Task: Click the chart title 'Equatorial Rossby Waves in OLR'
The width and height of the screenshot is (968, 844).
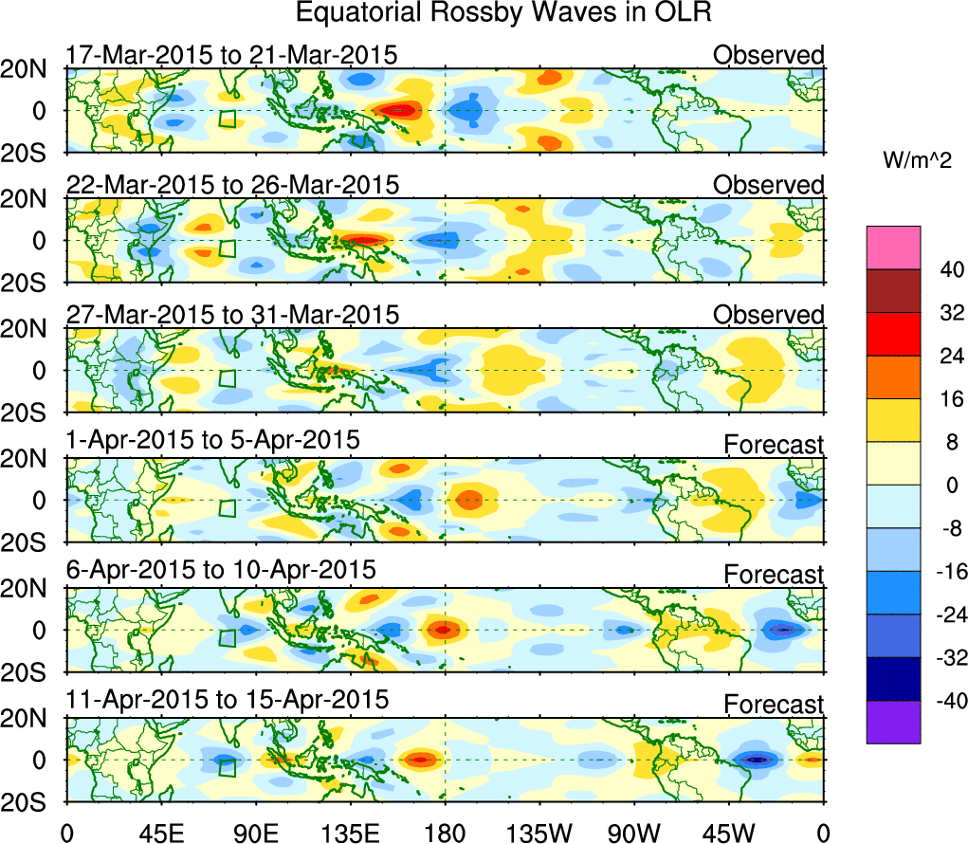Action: point(503,13)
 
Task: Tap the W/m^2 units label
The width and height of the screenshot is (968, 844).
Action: point(916,161)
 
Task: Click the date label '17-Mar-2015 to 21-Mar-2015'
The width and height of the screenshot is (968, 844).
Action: point(230,55)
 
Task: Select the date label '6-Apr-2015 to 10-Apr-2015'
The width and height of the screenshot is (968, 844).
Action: point(221,570)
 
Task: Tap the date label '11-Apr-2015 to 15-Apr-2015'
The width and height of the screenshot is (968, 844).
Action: point(228,700)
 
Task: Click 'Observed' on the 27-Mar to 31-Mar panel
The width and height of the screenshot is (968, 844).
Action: point(768,315)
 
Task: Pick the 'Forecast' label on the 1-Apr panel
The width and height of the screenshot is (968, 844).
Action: point(774,444)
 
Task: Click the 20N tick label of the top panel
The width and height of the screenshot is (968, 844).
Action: point(30,68)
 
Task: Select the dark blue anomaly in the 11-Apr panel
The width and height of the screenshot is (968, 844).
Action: point(756,760)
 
